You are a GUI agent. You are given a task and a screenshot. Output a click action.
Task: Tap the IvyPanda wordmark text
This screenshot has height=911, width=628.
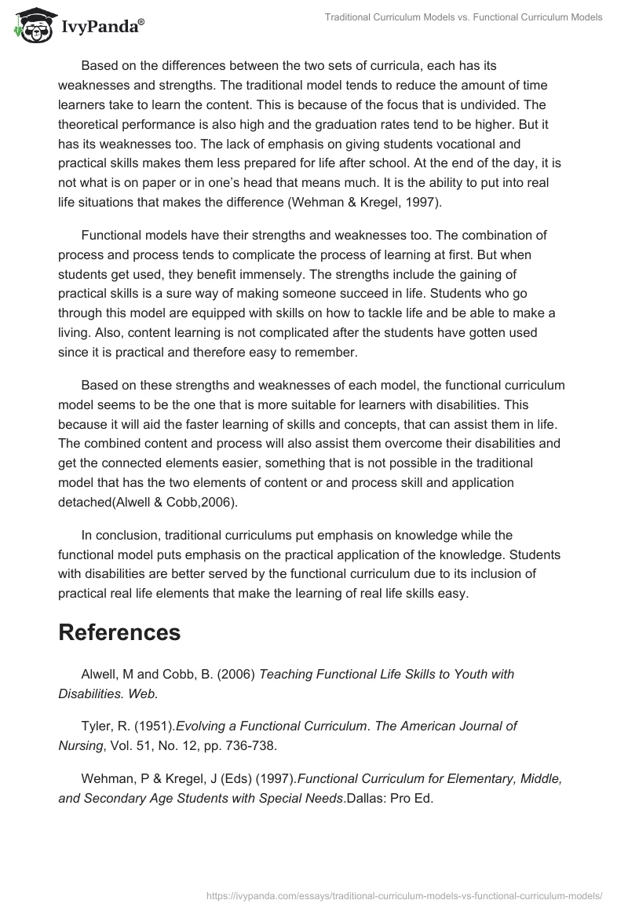click(x=102, y=27)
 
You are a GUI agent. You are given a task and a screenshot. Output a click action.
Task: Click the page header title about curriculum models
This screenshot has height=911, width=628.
click(x=463, y=17)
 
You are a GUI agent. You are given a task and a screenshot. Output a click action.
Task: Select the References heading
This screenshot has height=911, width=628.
click(x=119, y=632)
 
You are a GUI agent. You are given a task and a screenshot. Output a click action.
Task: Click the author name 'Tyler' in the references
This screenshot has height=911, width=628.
click(x=96, y=726)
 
